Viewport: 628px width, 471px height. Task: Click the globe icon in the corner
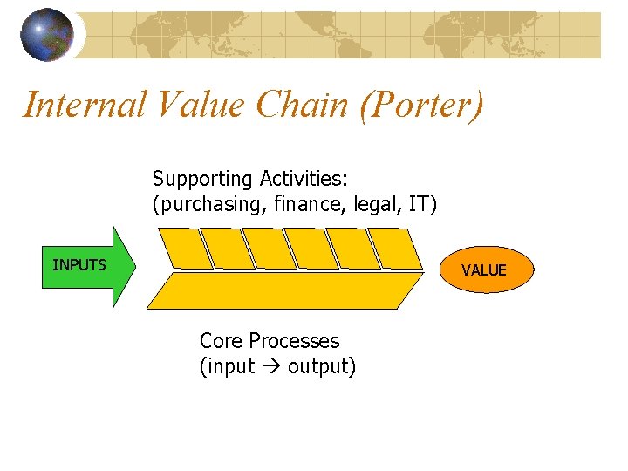point(47,35)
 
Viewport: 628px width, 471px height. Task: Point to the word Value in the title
point(200,105)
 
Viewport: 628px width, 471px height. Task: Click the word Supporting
point(201,180)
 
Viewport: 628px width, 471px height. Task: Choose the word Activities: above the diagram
point(303,179)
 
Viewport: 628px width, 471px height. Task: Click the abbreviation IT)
point(422,204)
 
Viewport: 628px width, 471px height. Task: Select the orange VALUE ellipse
point(484,270)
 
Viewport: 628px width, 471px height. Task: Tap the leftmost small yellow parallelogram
point(183,249)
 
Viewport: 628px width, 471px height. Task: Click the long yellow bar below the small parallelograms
point(289,290)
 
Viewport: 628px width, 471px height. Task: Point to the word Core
point(221,340)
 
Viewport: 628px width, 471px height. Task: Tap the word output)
point(322,367)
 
